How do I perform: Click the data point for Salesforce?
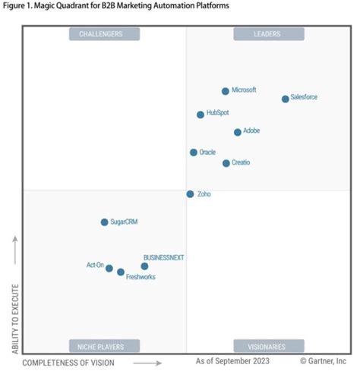(x=286, y=99)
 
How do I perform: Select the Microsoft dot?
(x=226, y=91)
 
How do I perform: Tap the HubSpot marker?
(x=201, y=115)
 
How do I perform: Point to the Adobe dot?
(x=238, y=132)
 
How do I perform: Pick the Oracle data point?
(x=194, y=152)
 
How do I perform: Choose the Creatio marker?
(x=226, y=163)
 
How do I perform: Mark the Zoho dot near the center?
(x=190, y=194)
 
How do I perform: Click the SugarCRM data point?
(x=105, y=222)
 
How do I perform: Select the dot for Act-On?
(x=109, y=269)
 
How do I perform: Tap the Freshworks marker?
(x=121, y=272)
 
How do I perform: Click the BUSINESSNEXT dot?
(x=144, y=266)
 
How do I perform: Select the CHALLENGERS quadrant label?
(x=106, y=34)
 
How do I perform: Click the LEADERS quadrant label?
(x=268, y=34)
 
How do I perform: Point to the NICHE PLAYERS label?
(x=106, y=347)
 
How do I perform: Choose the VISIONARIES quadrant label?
(x=268, y=347)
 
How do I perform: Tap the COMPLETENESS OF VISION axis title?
(x=68, y=363)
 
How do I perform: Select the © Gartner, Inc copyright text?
(x=323, y=362)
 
